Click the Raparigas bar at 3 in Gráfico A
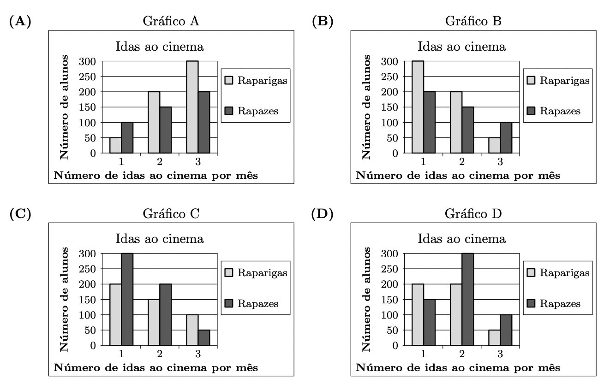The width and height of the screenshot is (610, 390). [x=192, y=107]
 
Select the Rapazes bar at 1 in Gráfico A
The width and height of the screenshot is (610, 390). [x=127, y=137]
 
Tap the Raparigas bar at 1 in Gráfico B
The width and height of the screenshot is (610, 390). [x=418, y=107]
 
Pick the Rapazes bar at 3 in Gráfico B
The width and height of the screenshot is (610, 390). [x=506, y=137]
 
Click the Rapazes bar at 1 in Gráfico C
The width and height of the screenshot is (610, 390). [x=127, y=299]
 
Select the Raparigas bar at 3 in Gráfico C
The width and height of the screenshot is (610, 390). [x=192, y=330]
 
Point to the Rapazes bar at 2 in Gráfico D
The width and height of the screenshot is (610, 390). [x=468, y=299]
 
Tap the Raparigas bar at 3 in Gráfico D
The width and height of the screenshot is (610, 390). [x=495, y=337]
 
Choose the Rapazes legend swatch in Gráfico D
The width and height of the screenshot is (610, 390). [x=531, y=303]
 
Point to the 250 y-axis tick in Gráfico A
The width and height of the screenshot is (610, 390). [x=87, y=77]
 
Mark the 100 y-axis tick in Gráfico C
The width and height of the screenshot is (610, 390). [x=87, y=315]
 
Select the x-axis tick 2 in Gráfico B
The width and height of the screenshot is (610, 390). [x=462, y=161]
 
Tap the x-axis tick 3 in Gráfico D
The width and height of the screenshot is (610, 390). [x=501, y=354]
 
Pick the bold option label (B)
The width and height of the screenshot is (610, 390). [x=323, y=21]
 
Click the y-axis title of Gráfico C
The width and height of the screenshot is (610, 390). [x=65, y=299]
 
